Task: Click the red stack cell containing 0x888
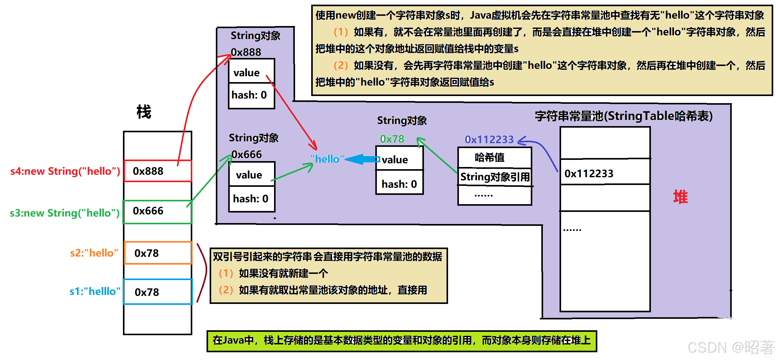coord(158,171)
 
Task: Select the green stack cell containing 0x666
coord(158,212)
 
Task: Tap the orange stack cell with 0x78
coord(158,253)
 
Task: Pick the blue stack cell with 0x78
coord(158,292)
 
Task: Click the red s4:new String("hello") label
coord(65,171)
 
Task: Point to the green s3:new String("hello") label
coord(64,213)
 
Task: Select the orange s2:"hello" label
coord(94,253)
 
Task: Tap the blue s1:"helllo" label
coord(95,291)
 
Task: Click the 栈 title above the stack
coord(144,112)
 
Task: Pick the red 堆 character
coord(680,197)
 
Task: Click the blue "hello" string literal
coord(327,159)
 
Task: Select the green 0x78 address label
coord(392,139)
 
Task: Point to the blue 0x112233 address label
coord(489,139)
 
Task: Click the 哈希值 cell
coord(495,157)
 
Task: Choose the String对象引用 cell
coord(495,177)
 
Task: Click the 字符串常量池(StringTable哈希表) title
coord(624,116)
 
